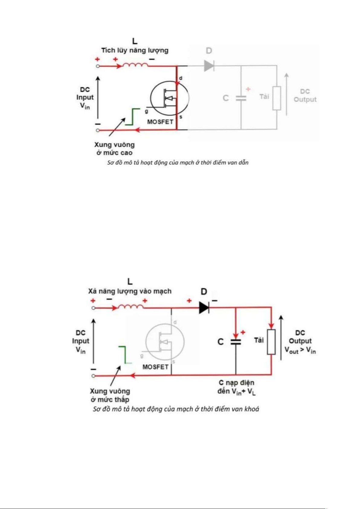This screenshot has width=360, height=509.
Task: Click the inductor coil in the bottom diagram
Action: coord(131,307)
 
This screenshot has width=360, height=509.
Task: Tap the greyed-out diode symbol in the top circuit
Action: coord(209,66)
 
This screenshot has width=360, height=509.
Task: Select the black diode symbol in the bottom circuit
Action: coord(204,308)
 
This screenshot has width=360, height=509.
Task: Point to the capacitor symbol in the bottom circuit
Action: coord(236,342)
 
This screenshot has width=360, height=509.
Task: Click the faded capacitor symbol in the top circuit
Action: coord(241,98)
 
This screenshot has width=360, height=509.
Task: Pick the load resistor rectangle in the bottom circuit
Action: coord(271,342)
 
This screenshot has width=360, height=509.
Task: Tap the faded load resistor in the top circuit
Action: coord(277,98)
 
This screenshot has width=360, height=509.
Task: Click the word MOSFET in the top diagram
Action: coord(160,122)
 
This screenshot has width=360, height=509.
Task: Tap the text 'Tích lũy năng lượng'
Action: coord(135,50)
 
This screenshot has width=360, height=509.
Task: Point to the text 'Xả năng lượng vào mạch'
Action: coord(130,291)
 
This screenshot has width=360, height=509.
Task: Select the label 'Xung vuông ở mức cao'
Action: coord(114,149)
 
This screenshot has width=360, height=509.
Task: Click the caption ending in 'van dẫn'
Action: coord(178,163)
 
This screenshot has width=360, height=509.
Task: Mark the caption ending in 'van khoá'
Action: coord(176,409)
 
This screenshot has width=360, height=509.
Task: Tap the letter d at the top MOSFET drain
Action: coord(181,78)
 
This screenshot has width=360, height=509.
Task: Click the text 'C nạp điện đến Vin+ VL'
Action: coord(236,387)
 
